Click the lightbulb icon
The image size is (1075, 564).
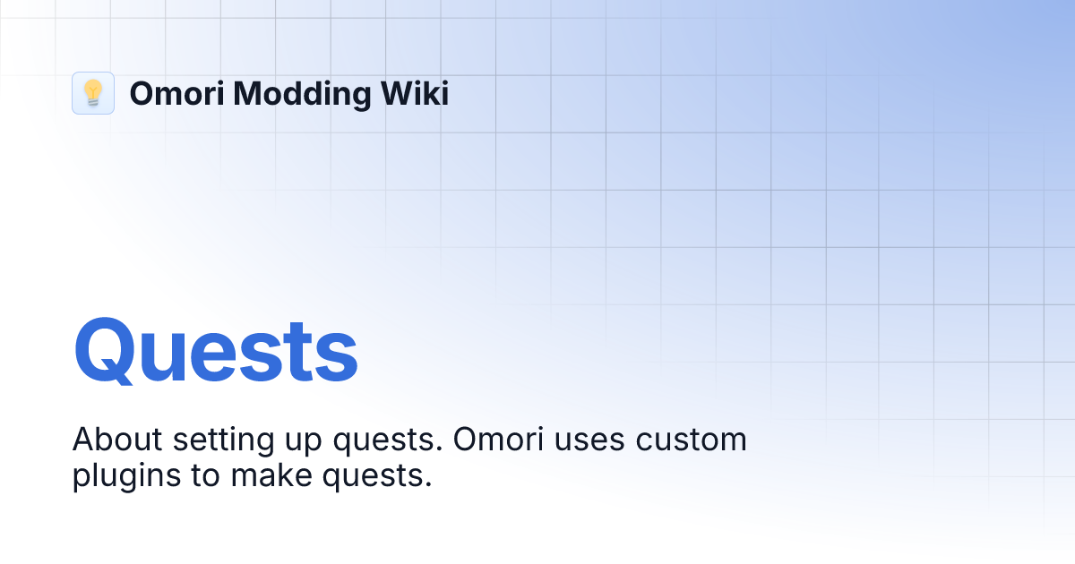93,93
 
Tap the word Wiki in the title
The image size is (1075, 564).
414,93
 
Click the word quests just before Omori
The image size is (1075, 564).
376,443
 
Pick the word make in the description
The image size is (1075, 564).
265,476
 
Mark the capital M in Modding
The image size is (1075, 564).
247,93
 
